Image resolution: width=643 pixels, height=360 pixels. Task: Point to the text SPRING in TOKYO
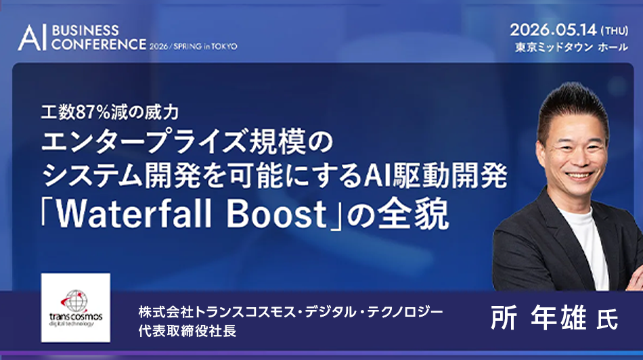210,46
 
